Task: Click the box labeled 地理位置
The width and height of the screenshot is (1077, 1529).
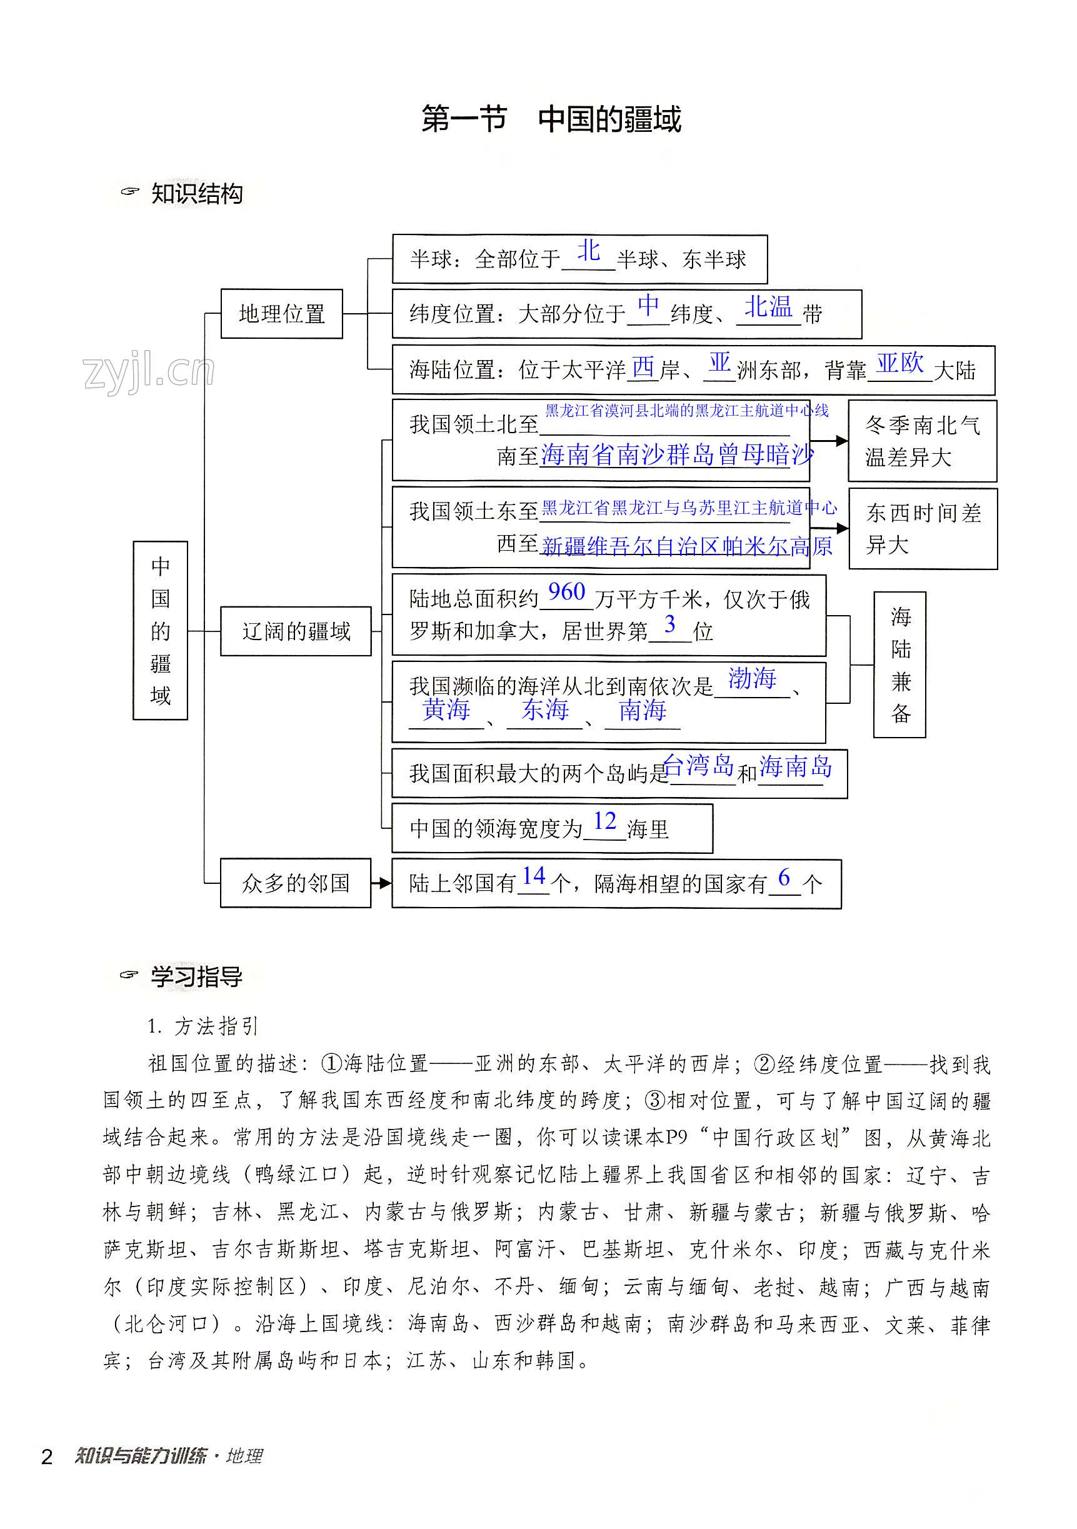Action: click(281, 314)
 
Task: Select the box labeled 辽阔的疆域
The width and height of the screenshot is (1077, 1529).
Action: click(295, 631)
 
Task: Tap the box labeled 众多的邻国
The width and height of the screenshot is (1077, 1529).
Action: click(295, 883)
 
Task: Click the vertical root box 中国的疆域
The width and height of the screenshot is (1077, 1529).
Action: click(160, 630)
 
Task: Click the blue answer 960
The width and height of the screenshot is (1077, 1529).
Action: click(566, 591)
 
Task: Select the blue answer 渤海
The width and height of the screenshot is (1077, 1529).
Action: click(752, 678)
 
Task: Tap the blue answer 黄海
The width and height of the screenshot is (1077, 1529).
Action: click(446, 709)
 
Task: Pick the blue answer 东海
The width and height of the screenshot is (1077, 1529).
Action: click(545, 709)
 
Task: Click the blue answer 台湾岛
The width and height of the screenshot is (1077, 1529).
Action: click(698, 766)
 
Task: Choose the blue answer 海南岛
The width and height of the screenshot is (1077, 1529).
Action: click(795, 766)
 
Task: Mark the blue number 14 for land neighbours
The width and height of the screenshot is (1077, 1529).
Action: click(534, 876)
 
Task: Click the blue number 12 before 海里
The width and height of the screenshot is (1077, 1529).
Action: click(605, 821)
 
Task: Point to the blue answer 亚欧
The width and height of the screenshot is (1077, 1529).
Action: click(900, 363)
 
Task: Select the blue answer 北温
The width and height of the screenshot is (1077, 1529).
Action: click(768, 306)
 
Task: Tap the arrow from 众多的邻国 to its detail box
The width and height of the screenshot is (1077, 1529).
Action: click(381, 883)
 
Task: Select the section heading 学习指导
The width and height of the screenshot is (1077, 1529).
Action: click(196, 977)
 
